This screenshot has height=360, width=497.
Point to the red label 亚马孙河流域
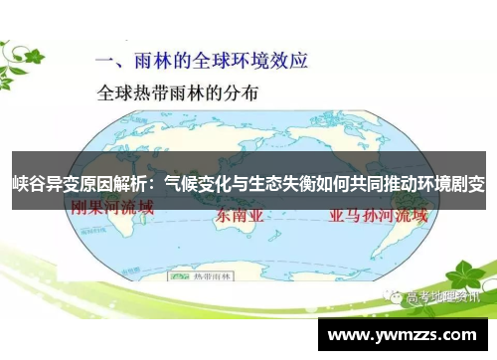[372, 215]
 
